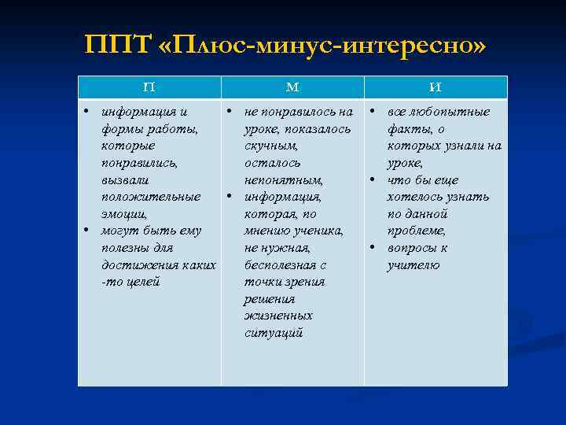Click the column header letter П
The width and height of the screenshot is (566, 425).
click(x=149, y=87)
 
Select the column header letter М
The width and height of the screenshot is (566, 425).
click(x=292, y=87)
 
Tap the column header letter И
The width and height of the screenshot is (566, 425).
click(x=436, y=87)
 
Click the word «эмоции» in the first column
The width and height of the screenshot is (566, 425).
click(x=124, y=214)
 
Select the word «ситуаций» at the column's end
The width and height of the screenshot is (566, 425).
click(x=273, y=333)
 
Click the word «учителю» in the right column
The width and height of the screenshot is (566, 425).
click(x=413, y=265)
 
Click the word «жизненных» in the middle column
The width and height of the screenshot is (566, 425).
click(x=278, y=316)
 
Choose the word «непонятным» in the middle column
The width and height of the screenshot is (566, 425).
click(x=282, y=180)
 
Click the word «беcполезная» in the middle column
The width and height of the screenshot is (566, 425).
click(x=279, y=265)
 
